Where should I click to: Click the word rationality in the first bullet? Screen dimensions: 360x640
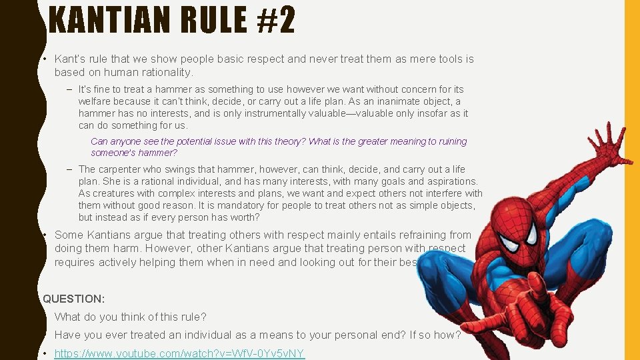(164, 72)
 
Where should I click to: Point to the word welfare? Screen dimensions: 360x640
(94, 101)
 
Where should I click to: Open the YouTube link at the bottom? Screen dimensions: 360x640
(179, 353)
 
